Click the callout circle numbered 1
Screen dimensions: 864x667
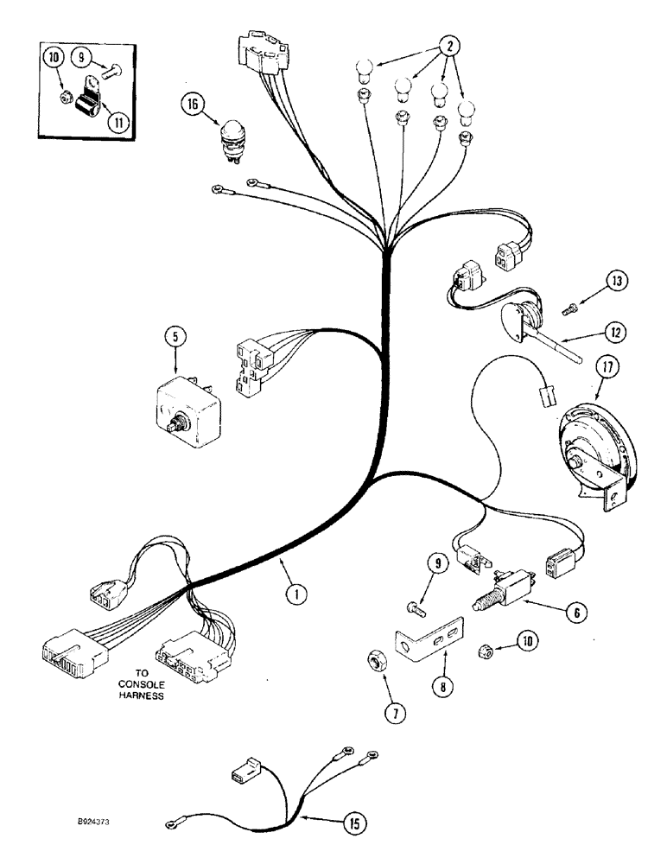coord(295,594)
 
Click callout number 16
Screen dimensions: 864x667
coord(192,105)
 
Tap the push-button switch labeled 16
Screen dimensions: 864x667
coord(232,136)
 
